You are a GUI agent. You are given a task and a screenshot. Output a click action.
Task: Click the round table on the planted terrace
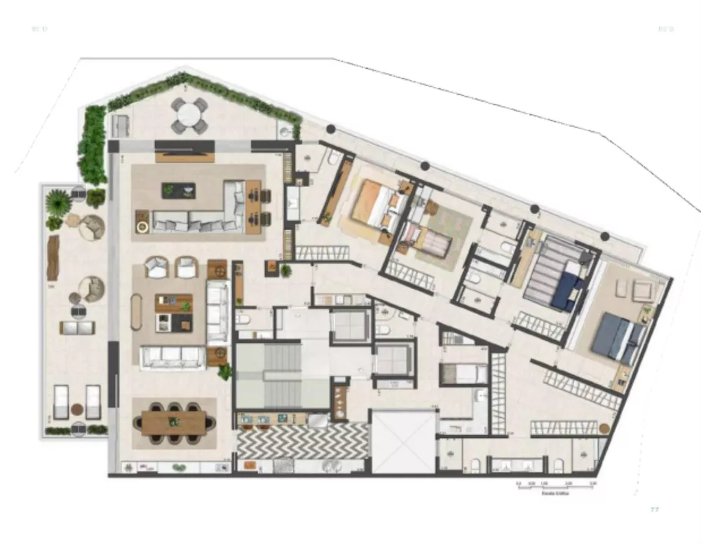click(x=190, y=115)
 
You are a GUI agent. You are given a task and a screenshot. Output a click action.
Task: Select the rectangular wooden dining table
click(x=175, y=422)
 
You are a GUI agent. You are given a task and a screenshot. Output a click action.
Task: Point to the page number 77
click(x=655, y=510)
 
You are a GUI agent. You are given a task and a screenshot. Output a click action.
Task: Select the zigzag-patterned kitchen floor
click(x=301, y=442)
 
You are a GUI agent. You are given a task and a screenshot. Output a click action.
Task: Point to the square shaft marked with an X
click(x=402, y=442)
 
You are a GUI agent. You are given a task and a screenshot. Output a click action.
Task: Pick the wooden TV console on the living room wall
click(x=184, y=156)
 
